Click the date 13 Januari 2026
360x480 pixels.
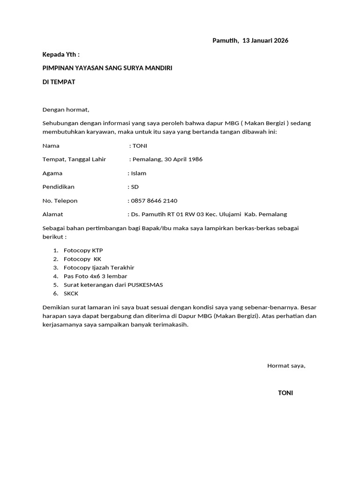click(x=265, y=40)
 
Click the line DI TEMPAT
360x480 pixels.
click(x=59, y=82)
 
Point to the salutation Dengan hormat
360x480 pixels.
click(x=66, y=110)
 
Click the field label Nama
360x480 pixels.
click(x=51, y=146)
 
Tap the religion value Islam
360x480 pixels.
click(x=139, y=173)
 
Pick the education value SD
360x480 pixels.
click(x=135, y=187)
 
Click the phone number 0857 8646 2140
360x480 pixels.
click(x=154, y=201)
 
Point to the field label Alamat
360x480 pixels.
click(x=52, y=214)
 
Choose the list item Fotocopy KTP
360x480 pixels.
click(x=83, y=250)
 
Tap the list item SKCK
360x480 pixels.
click(x=71, y=293)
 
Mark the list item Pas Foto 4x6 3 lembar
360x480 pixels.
click(x=95, y=276)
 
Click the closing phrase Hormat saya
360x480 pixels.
click(x=286, y=366)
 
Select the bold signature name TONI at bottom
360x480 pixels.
click(x=285, y=393)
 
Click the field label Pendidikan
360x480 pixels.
click(x=58, y=187)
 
